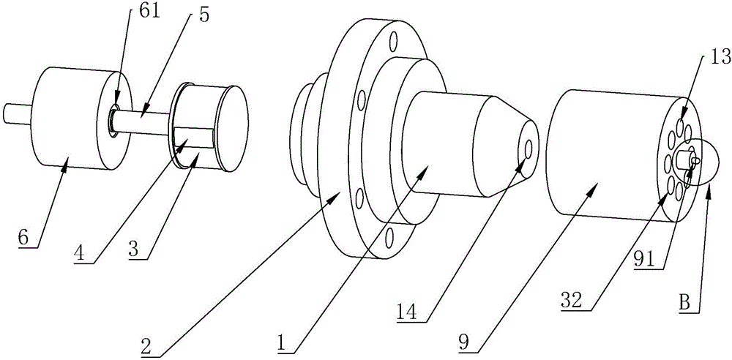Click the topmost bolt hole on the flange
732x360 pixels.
click(394, 38)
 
